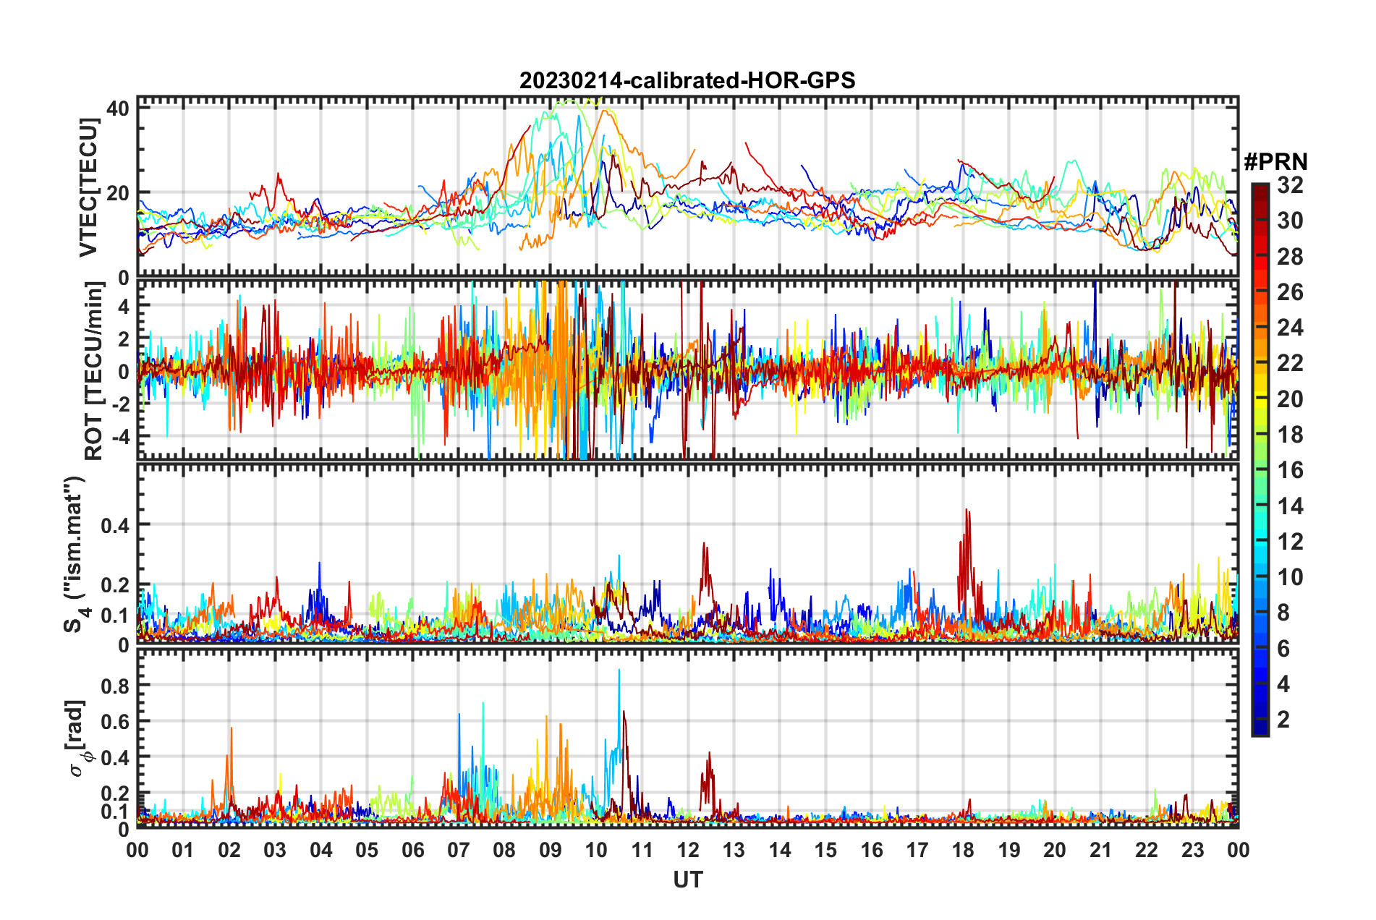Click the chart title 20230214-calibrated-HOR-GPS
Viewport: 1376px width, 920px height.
click(687, 80)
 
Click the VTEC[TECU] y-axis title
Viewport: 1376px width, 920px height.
click(88, 188)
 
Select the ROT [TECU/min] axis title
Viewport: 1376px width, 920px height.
click(94, 371)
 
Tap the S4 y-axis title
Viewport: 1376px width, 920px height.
click(74, 554)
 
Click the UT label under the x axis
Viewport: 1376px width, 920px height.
click(687, 879)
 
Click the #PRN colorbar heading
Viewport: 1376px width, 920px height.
click(1275, 161)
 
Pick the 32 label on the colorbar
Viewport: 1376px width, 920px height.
click(1290, 185)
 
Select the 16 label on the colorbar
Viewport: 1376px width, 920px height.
click(1290, 470)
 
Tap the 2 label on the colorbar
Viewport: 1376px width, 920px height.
click(1283, 720)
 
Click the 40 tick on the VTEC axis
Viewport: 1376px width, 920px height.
click(117, 108)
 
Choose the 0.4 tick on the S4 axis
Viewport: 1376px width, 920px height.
click(114, 525)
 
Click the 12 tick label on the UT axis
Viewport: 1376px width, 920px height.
click(687, 850)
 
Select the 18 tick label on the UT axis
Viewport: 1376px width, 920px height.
click(963, 850)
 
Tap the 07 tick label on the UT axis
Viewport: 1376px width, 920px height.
click(458, 850)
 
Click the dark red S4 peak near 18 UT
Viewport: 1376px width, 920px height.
click(967, 511)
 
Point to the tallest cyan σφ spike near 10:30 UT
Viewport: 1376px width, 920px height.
click(619, 670)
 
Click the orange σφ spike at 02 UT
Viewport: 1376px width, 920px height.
click(232, 729)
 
